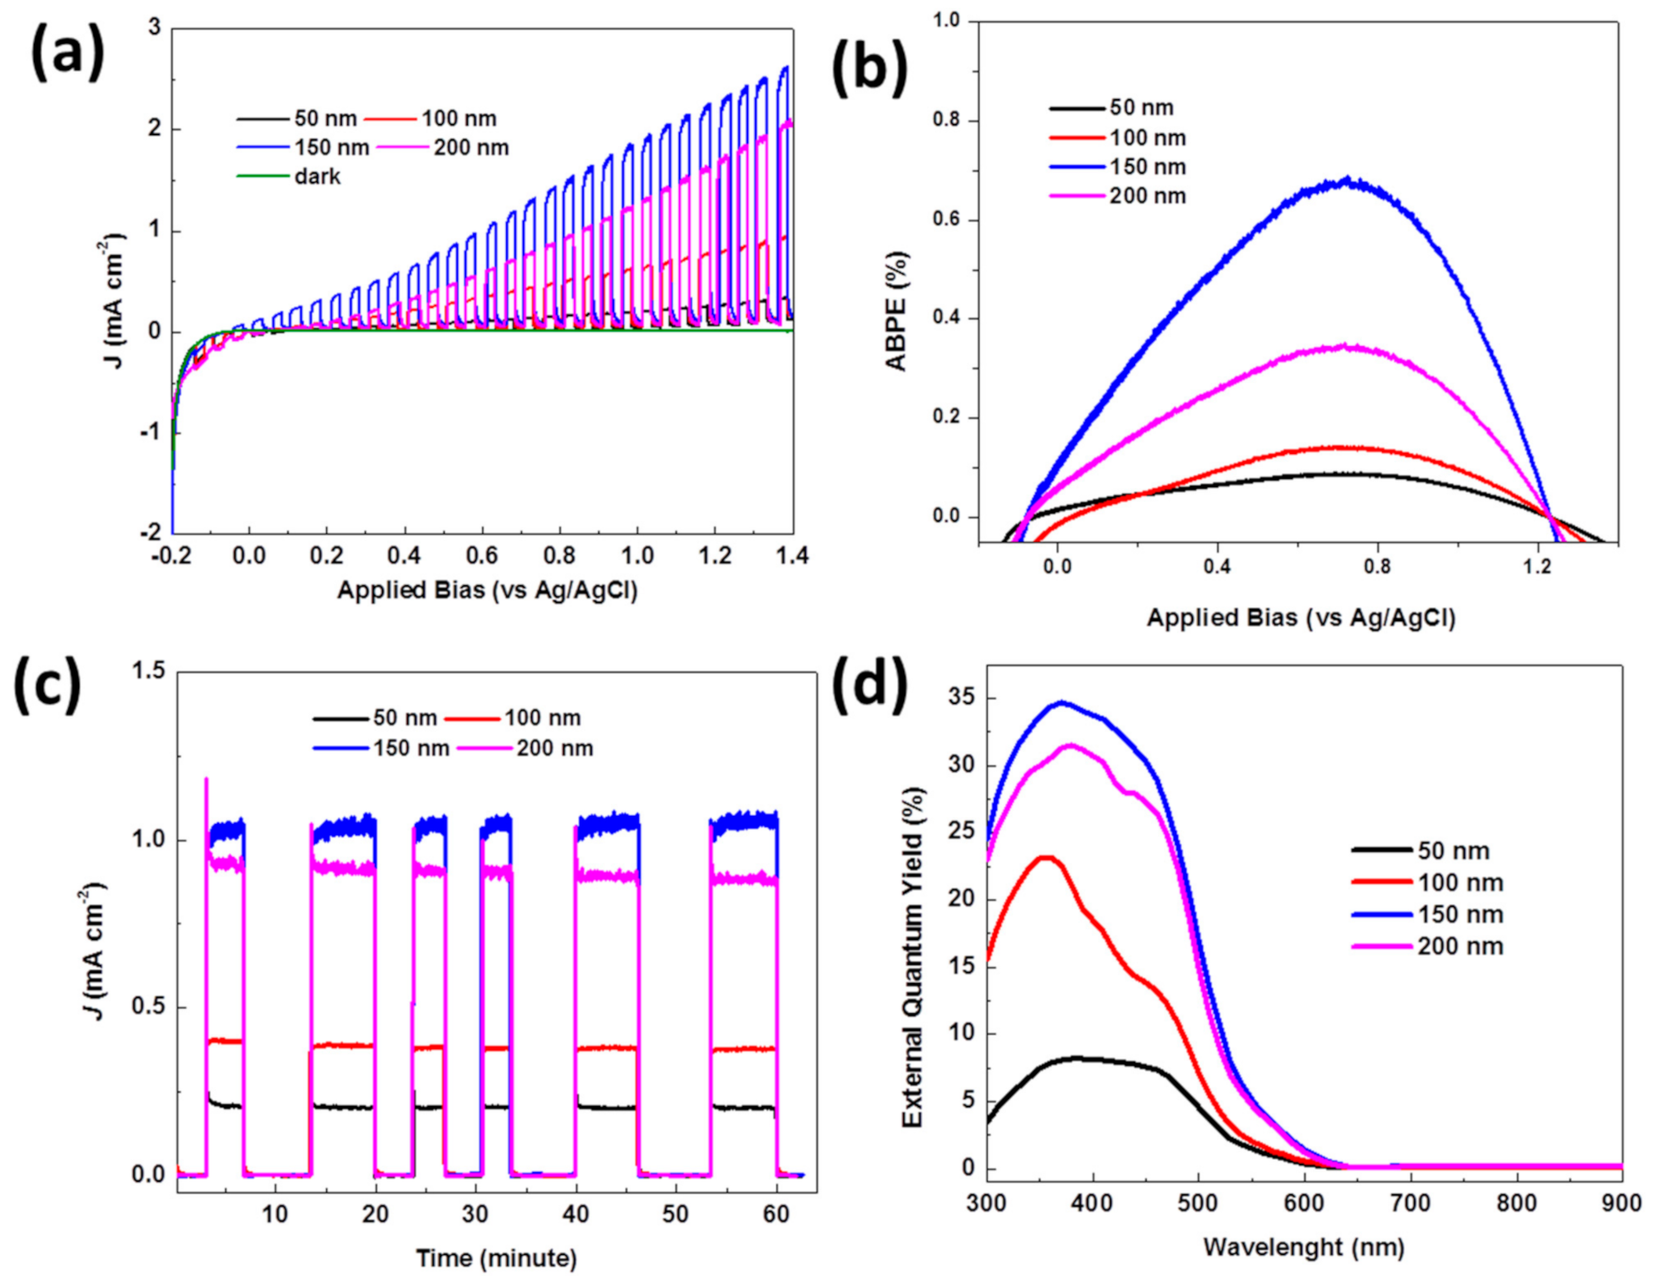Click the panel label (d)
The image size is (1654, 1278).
(x=868, y=685)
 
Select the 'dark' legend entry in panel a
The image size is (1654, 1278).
(x=317, y=176)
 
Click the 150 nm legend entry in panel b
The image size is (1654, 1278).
(x=1147, y=167)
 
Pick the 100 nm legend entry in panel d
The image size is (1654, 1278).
(x=1459, y=883)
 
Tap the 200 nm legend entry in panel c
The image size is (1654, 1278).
(x=554, y=748)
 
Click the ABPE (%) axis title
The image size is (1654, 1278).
(x=896, y=310)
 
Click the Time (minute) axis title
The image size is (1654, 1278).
(x=496, y=1257)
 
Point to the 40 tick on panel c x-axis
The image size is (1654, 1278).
(x=576, y=1214)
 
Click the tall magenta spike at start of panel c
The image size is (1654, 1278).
(x=206, y=781)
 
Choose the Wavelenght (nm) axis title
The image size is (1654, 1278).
(x=1303, y=1247)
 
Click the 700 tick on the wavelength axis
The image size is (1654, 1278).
(x=1410, y=1203)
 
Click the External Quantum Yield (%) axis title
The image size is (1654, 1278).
(x=912, y=957)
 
